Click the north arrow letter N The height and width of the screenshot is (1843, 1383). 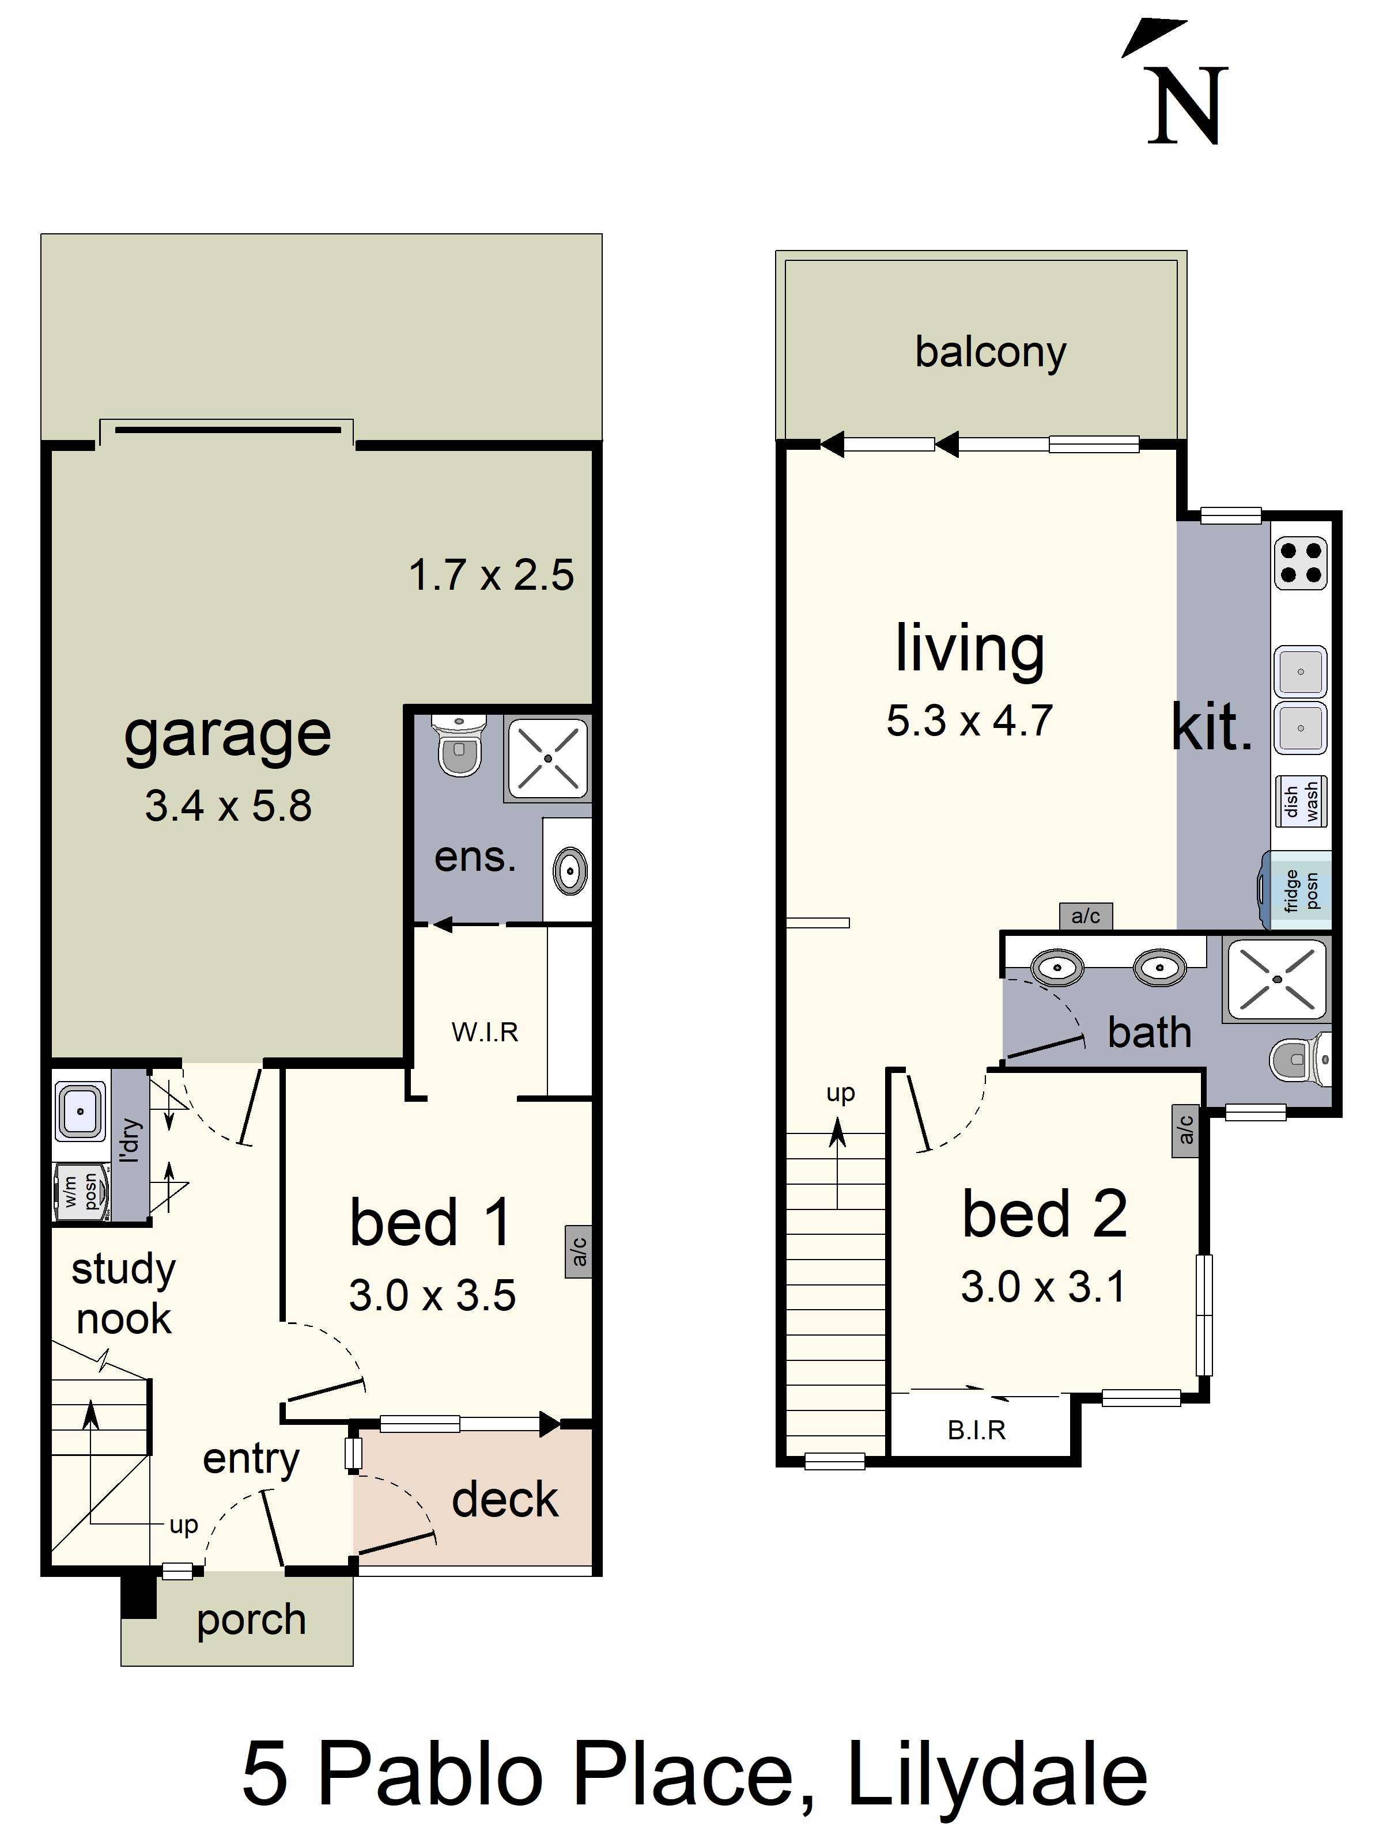[1187, 106]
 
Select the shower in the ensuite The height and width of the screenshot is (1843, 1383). [547, 758]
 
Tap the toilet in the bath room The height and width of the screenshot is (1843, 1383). [1301, 1060]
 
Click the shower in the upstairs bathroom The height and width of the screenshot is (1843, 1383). [1275, 979]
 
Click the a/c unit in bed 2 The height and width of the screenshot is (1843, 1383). [1185, 1131]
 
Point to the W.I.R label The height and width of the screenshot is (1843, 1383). [485, 1032]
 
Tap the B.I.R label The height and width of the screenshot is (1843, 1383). [976, 1429]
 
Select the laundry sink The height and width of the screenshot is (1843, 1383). [80, 1110]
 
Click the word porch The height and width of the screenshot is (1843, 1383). [251, 1619]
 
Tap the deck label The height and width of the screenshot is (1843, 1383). [504, 1499]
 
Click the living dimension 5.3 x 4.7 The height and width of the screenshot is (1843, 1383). [969, 720]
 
